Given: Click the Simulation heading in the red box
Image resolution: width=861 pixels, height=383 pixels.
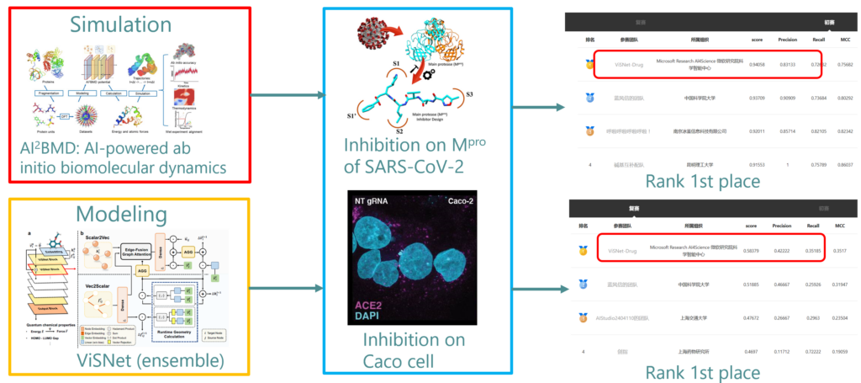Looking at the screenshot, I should pyautogui.click(x=129, y=22).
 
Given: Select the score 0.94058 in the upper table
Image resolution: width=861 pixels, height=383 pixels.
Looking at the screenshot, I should pyautogui.click(x=757, y=62).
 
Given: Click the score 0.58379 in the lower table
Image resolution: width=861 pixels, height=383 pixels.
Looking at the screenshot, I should pyautogui.click(x=757, y=250).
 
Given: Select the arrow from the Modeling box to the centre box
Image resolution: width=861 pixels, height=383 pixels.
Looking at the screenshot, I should pyautogui.click(x=287, y=288).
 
